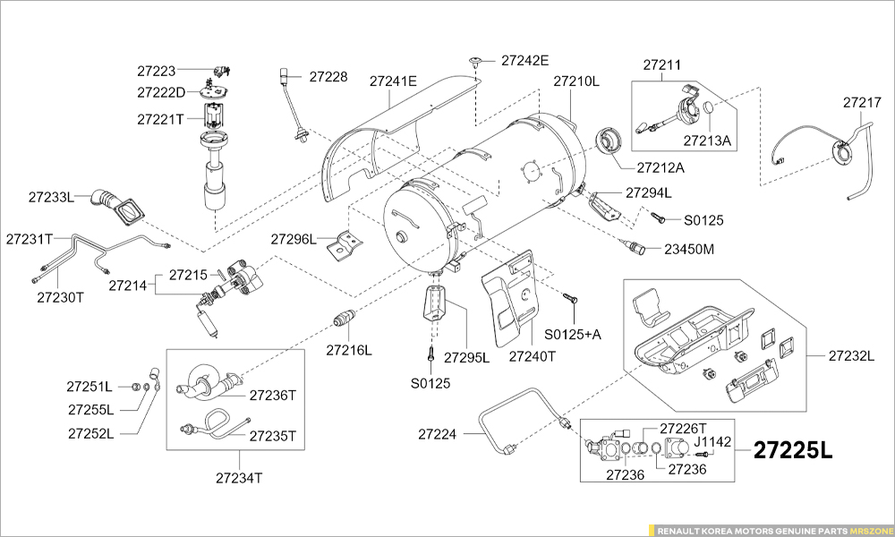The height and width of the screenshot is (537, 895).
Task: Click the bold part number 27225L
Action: tap(793, 450)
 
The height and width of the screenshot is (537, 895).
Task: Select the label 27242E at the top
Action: tap(524, 61)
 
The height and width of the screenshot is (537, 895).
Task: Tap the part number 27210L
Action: tap(575, 81)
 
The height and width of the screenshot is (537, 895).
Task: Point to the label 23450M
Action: tap(689, 249)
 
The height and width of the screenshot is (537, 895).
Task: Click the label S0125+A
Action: tap(573, 334)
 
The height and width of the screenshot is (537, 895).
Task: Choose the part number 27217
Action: tap(862, 103)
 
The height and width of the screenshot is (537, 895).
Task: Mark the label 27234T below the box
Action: tap(239, 477)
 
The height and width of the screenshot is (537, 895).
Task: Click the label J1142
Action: tap(712, 441)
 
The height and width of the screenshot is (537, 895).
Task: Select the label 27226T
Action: tap(683, 428)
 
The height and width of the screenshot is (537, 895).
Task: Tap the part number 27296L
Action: tap(294, 239)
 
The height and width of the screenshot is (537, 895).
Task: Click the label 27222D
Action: tap(161, 92)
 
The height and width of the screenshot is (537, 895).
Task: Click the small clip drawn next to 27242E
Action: tap(475, 62)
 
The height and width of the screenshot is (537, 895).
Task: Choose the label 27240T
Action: tap(533, 355)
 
